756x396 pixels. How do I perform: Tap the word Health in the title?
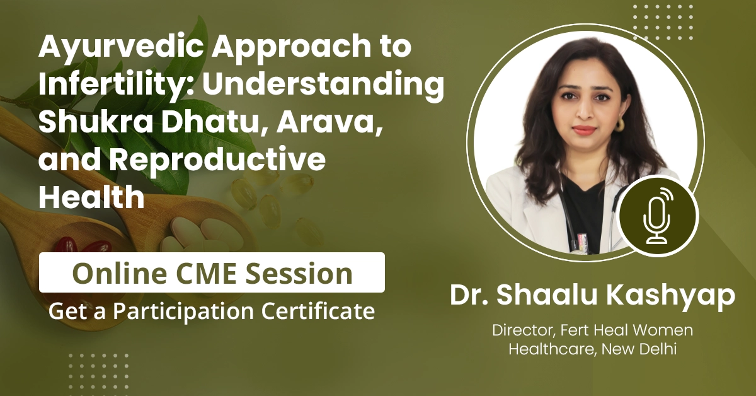pos(91,197)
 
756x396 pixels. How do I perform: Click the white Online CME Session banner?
pos(212,272)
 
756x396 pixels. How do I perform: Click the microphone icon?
pos(658,217)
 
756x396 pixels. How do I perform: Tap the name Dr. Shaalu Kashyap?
pos(593,296)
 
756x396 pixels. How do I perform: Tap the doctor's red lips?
pos(583,131)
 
